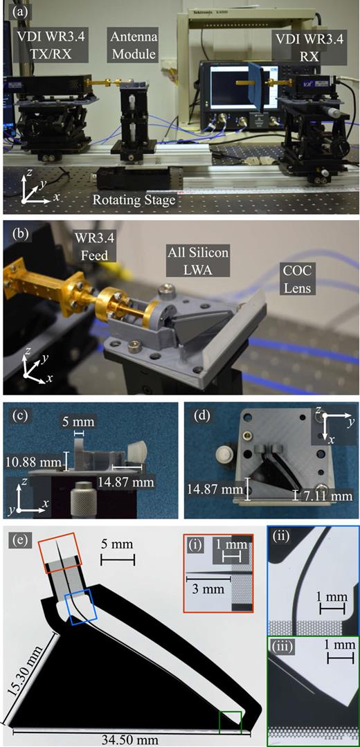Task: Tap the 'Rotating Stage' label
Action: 134,200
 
